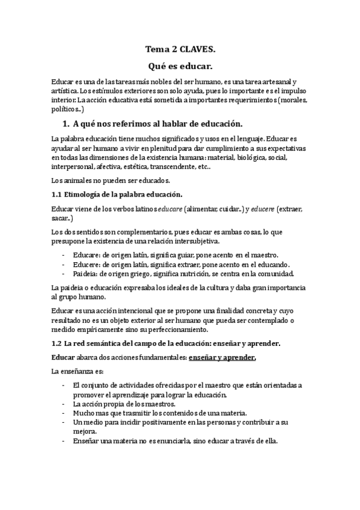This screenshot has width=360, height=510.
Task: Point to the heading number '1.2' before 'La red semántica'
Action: (58, 343)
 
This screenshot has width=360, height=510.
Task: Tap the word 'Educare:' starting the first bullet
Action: (87, 255)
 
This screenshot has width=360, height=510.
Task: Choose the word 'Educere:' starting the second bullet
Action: (87, 264)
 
